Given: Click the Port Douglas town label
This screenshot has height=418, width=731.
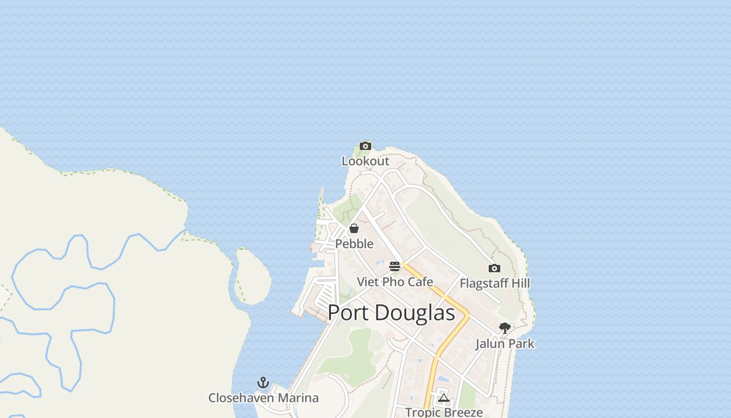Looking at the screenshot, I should pyautogui.click(x=392, y=312).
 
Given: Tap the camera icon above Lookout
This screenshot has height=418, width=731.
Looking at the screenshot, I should pyautogui.click(x=365, y=146).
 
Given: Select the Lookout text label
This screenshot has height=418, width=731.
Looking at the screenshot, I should pyautogui.click(x=365, y=161).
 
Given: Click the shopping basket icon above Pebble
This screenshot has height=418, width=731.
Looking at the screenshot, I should pyautogui.click(x=354, y=228).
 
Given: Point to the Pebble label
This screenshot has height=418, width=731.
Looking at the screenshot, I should pyautogui.click(x=354, y=243).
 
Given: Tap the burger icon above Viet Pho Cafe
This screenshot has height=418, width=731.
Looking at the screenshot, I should pyautogui.click(x=395, y=266).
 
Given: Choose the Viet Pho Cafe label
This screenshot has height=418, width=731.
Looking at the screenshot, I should pyautogui.click(x=395, y=282).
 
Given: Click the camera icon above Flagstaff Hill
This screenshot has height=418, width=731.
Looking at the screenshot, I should pyautogui.click(x=494, y=268).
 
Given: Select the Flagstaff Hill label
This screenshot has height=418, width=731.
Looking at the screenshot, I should pyautogui.click(x=494, y=283).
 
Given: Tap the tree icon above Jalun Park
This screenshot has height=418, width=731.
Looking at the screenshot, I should pyautogui.click(x=504, y=328).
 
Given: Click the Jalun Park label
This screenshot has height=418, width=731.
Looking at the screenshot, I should pyautogui.click(x=504, y=343).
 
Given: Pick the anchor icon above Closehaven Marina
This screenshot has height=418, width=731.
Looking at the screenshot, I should pyautogui.click(x=263, y=382).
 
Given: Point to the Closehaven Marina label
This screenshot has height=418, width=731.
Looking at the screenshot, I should pyautogui.click(x=263, y=398).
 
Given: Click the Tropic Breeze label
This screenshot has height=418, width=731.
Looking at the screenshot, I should pyautogui.click(x=444, y=412).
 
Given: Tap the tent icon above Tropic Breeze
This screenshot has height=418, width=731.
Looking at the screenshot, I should pyautogui.click(x=444, y=398).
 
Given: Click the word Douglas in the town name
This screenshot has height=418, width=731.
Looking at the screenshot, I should pyautogui.click(x=415, y=312).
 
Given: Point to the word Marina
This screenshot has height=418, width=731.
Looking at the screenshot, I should pyautogui.click(x=298, y=398).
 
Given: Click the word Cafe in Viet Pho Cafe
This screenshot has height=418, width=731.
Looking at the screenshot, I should pyautogui.click(x=420, y=282).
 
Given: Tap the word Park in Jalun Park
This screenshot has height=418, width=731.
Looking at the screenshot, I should pyautogui.click(x=521, y=343).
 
